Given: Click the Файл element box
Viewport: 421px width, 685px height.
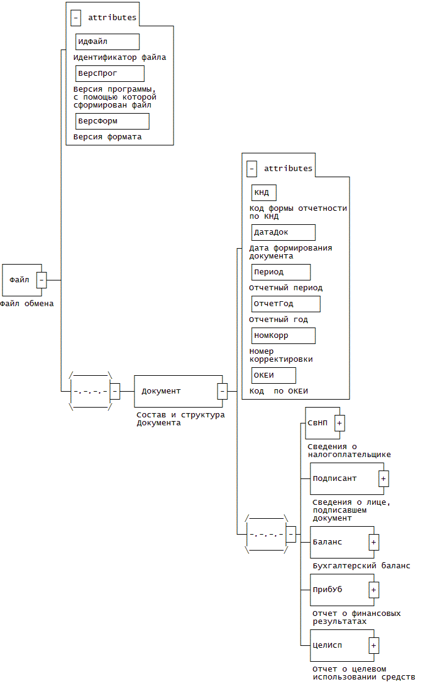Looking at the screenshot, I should pyautogui.click(x=20, y=280).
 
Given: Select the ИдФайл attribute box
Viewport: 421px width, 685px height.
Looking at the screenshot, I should pyautogui.click(x=108, y=42).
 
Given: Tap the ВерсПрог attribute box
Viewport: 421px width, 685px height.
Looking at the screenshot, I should pyautogui.click(x=110, y=73).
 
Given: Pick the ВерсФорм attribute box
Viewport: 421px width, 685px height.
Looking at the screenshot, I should pyautogui.click(x=112, y=121).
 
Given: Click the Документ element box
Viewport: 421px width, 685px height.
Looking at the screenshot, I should pyautogui.click(x=175, y=391).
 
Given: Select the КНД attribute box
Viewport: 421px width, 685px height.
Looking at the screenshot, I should pyautogui.click(x=264, y=192).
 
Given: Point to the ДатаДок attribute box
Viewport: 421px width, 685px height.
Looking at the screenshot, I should pyautogui.click(x=284, y=232).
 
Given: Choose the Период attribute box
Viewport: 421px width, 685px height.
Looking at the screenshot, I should pyautogui.click(x=281, y=272).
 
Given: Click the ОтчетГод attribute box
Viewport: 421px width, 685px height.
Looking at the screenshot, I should pyautogui.click(x=286, y=304).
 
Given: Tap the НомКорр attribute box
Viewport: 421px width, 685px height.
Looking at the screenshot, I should pyautogui.click(x=284, y=335).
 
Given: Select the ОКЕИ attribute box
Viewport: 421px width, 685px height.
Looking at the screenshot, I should pyautogui.click(x=274, y=375).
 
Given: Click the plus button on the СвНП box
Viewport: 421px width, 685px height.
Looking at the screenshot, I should pyautogui.click(x=340, y=423).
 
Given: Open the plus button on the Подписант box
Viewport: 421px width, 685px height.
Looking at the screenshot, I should pyautogui.click(x=384, y=478).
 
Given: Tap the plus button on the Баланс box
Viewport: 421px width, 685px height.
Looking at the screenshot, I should pyautogui.click(x=374, y=542).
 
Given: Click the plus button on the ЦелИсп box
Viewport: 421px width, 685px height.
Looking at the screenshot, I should pyautogui.click(x=374, y=645).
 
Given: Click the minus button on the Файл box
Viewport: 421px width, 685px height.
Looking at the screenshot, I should pyautogui.click(x=42, y=280).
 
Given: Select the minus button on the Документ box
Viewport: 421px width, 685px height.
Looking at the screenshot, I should pyautogui.click(x=222, y=391).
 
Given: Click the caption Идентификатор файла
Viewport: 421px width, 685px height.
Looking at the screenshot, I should pyautogui.click(x=120, y=57).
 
